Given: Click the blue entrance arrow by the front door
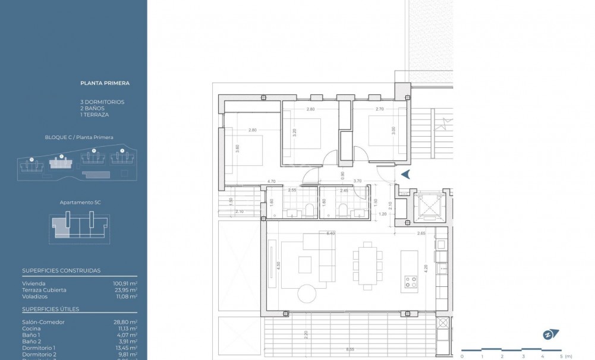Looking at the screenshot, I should pyautogui.click(x=407, y=174).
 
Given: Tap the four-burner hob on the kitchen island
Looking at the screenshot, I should pyautogui.click(x=410, y=282).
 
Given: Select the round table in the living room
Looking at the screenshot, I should pyautogui.click(x=308, y=294).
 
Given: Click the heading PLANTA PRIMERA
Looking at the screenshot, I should pyautogui.click(x=105, y=83).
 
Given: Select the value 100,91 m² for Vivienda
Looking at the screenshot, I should pyautogui.click(x=125, y=283).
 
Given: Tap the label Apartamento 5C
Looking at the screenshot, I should pyautogui.click(x=80, y=203).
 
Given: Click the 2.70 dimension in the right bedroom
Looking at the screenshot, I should pyautogui.click(x=380, y=110).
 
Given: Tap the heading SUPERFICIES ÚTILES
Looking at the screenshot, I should pyautogui.click(x=51, y=309).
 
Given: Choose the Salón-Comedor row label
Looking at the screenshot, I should pyautogui.click(x=43, y=321).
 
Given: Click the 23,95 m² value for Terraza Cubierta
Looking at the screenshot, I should pyautogui.click(x=125, y=289).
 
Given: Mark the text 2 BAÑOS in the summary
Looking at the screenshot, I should pyautogui.click(x=92, y=108).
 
